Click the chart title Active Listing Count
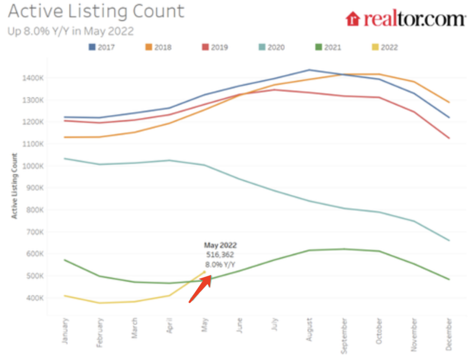pos(96,12)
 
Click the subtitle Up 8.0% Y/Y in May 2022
pos(70,32)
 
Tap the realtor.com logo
pos(405,19)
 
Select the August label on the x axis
pos(309,331)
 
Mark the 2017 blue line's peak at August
pos(309,70)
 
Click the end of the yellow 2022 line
pos(205,272)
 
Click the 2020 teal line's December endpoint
pos(449,240)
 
